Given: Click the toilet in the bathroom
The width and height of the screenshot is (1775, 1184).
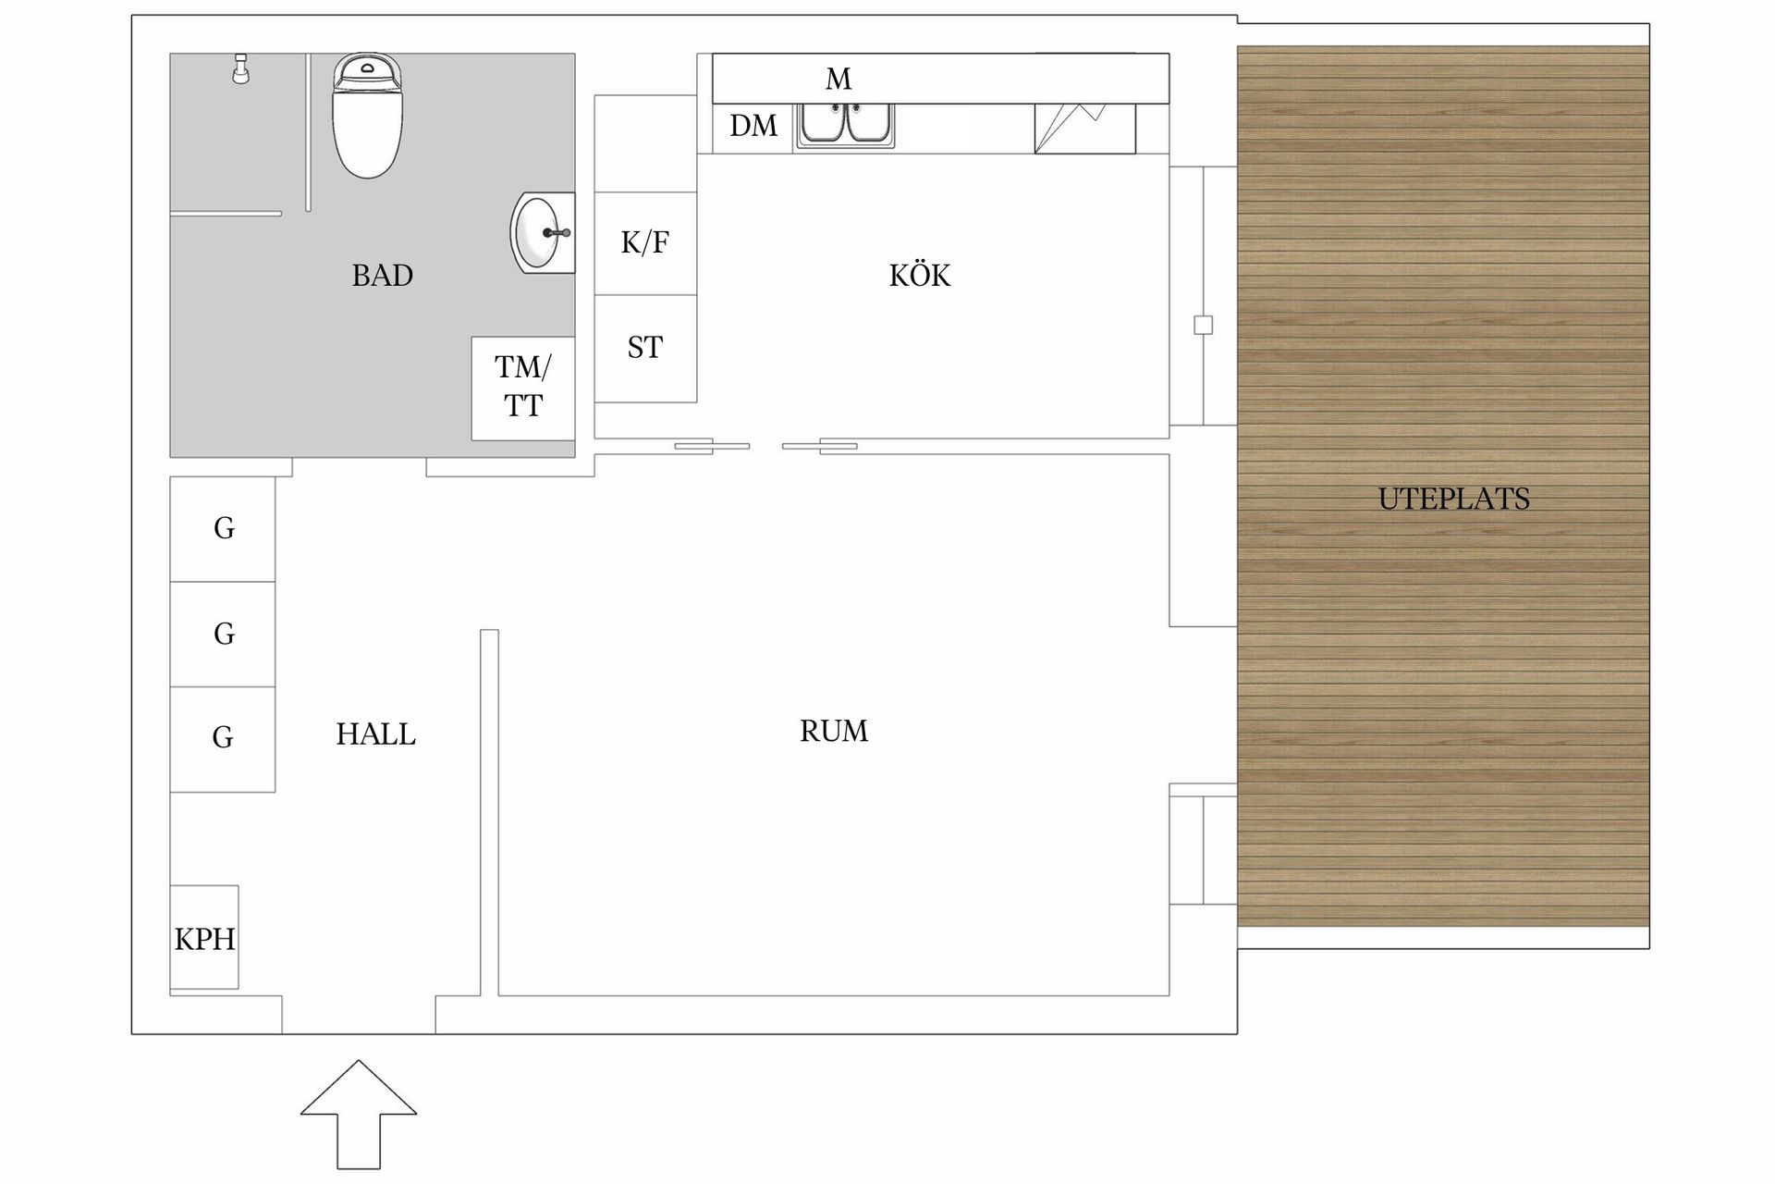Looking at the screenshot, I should tap(367, 117).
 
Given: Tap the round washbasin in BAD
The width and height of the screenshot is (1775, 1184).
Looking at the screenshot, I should tap(542, 232).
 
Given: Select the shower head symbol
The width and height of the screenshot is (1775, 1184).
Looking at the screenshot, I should tap(240, 69).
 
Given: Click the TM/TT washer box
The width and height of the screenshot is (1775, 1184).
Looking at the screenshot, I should tap(522, 388).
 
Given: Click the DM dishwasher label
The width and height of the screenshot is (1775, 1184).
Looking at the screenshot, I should tap(753, 126).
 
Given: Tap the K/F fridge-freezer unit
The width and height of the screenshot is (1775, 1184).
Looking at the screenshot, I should tap(644, 243).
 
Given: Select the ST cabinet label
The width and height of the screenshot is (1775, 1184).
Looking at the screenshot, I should tap(644, 348).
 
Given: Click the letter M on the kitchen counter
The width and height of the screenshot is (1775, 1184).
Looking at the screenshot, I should tap(838, 80).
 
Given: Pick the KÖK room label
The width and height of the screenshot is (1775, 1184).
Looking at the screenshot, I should tap(919, 276).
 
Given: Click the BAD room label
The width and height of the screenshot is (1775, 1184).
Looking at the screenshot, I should tap(382, 276).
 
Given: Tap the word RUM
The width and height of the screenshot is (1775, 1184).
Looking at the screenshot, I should tap(833, 732).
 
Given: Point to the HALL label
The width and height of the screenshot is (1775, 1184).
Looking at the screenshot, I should tap(375, 734).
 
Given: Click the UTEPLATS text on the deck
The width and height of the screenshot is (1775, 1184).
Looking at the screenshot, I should tap(1453, 499).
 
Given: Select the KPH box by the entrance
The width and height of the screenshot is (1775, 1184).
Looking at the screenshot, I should tap(204, 938).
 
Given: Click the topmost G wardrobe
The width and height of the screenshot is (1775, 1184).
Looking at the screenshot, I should tap(223, 528).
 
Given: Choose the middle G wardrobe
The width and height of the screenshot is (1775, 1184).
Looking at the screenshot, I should tap(223, 634).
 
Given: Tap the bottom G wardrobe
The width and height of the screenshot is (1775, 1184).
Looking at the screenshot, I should tap(223, 738).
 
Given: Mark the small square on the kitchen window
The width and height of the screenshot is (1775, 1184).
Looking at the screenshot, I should tap(1203, 325).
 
